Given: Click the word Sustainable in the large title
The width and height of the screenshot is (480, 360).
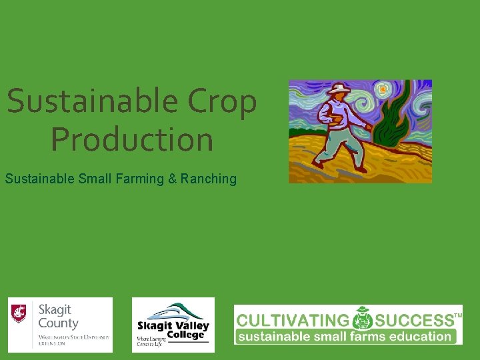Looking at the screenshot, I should point(92,102).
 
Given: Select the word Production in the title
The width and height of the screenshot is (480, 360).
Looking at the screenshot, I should point(132,139).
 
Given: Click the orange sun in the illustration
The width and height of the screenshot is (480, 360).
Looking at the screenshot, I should point(383,89).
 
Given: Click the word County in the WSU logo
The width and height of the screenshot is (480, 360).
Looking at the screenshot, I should point(58,323).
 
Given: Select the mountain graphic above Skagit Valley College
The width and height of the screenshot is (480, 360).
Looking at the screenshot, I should point(174,311).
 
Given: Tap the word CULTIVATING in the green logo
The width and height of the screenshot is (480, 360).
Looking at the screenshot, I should point(293,321).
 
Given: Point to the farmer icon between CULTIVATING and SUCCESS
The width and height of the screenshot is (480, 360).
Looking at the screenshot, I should point(363,319).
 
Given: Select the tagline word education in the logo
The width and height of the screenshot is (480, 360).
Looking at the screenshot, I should point(418,337).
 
